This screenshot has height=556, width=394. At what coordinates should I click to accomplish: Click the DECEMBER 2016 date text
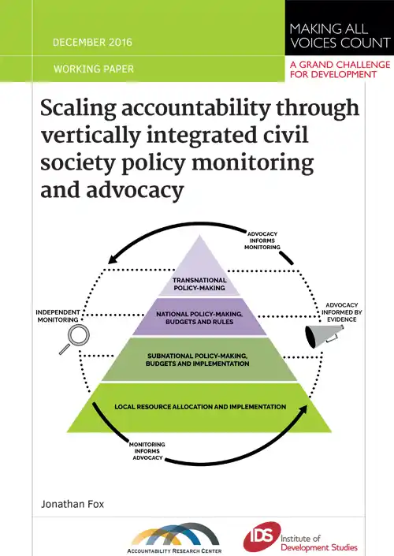pos(92,43)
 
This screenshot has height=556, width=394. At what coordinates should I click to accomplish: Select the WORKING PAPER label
pos(94,69)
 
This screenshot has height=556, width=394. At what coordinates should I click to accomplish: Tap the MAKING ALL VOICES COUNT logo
pos(340,35)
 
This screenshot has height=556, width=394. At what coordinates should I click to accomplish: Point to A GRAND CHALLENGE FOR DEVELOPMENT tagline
pos(340,69)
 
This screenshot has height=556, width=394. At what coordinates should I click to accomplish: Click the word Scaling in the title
pos(78,109)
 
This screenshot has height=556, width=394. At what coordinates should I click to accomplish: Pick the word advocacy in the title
pos(135,190)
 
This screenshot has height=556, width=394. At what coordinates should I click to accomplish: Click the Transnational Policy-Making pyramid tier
pos(199,270)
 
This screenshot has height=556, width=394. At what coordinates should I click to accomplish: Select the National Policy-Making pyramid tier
pos(199,317)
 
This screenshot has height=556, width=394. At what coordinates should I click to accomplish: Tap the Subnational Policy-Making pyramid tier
pos(199,360)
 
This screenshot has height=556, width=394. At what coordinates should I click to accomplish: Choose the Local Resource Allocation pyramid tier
pos(199,408)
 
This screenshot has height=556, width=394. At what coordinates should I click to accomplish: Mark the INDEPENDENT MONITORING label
pos(58,316)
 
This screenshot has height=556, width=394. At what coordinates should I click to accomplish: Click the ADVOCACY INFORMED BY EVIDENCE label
pos(341,312)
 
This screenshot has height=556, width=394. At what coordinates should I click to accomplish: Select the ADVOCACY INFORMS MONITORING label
pos(262,241)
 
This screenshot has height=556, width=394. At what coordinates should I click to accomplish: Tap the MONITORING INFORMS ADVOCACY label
pos(147,451)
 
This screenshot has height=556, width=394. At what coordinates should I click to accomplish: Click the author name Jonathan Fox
pos(72,504)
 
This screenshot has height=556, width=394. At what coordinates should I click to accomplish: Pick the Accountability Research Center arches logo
pos(175,538)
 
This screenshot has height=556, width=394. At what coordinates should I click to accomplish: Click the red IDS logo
pos(262,536)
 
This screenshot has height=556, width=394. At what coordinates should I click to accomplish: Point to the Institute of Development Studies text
pos(319,543)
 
